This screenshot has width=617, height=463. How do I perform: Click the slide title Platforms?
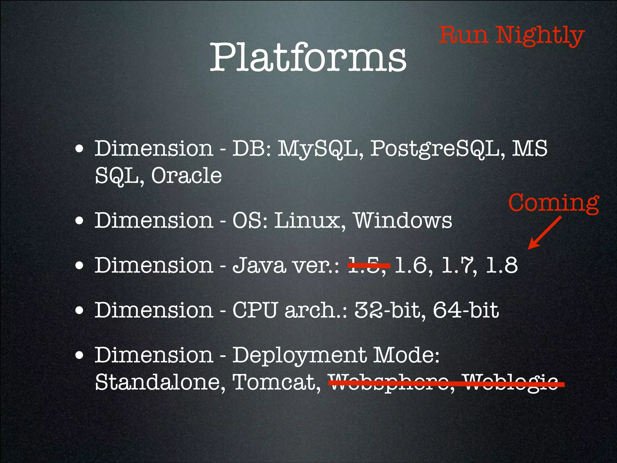tap(308, 57)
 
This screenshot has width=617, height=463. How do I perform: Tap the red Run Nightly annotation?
tap(511, 36)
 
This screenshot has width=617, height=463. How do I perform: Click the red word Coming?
tap(554, 203)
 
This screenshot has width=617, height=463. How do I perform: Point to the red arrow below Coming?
tap(545, 233)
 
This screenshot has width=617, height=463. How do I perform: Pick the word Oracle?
tap(186, 175)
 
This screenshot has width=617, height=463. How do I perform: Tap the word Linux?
tap(310, 220)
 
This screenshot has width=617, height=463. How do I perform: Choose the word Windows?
tap(402, 220)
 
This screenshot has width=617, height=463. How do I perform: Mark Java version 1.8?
tap(502, 266)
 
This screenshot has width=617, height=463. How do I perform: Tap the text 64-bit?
tap(466, 310)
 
